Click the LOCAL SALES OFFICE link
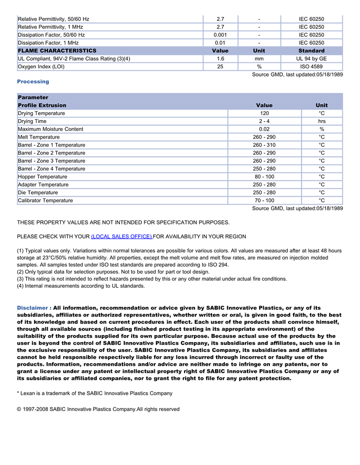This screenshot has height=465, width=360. pyautogui.click(x=121, y=236)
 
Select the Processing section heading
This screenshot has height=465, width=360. pyautogui.click(x=33, y=82)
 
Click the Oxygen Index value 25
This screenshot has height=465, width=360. pyautogui.click(x=220, y=67)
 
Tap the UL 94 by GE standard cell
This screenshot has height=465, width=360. pyautogui.click(x=311, y=59)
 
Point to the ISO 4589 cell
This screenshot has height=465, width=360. pyautogui.click(x=311, y=67)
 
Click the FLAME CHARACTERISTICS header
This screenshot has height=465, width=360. pyautogui.click(x=57, y=51)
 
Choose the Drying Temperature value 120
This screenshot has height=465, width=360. pyautogui.click(x=264, y=113)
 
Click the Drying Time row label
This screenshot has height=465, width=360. pyautogui.click(x=32, y=121)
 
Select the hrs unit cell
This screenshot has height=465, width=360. pyautogui.click(x=321, y=121)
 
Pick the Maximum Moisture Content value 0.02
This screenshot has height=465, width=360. pyautogui.click(x=264, y=129)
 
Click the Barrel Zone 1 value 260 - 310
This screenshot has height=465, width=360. pyautogui.click(x=264, y=145)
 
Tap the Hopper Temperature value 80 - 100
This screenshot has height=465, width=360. pyautogui.click(x=264, y=177)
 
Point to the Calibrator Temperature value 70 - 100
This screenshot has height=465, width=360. pyautogui.click(x=264, y=200)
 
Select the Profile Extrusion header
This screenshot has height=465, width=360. pyautogui.click(x=42, y=105)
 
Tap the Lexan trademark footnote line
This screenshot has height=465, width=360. pyautogui.click(x=95, y=393)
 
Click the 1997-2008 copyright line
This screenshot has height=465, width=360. pyautogui.click(x=98, y=410)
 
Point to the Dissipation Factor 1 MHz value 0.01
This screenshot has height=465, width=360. pyautogui.click(x=220, y=43)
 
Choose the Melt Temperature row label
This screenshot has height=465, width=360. pyautogui.click(x=39, y=137)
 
